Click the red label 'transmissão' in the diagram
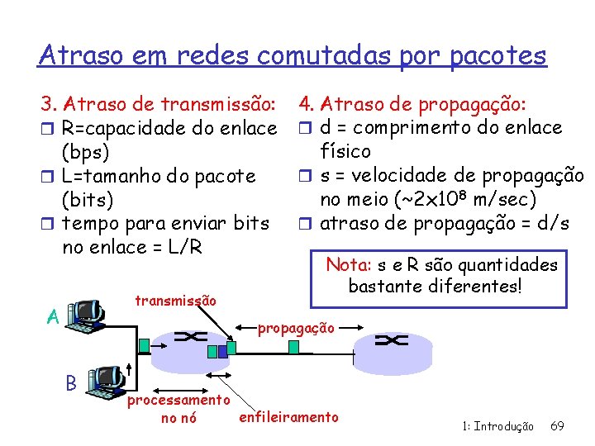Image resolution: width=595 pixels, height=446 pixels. coord(175,301)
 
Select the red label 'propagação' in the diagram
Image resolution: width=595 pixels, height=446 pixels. coord(296,328)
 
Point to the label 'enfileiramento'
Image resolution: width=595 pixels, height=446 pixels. coord(288,416)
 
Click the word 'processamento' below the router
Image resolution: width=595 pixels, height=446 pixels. coord(178,400)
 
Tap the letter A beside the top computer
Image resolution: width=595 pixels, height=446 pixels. coord(52,316)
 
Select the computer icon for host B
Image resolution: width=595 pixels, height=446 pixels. coord(107,381)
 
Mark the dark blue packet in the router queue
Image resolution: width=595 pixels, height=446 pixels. coord(212,351)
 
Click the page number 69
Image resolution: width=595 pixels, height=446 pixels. coord(557,426)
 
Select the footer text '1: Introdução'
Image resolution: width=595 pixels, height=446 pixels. coord(497,426)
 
